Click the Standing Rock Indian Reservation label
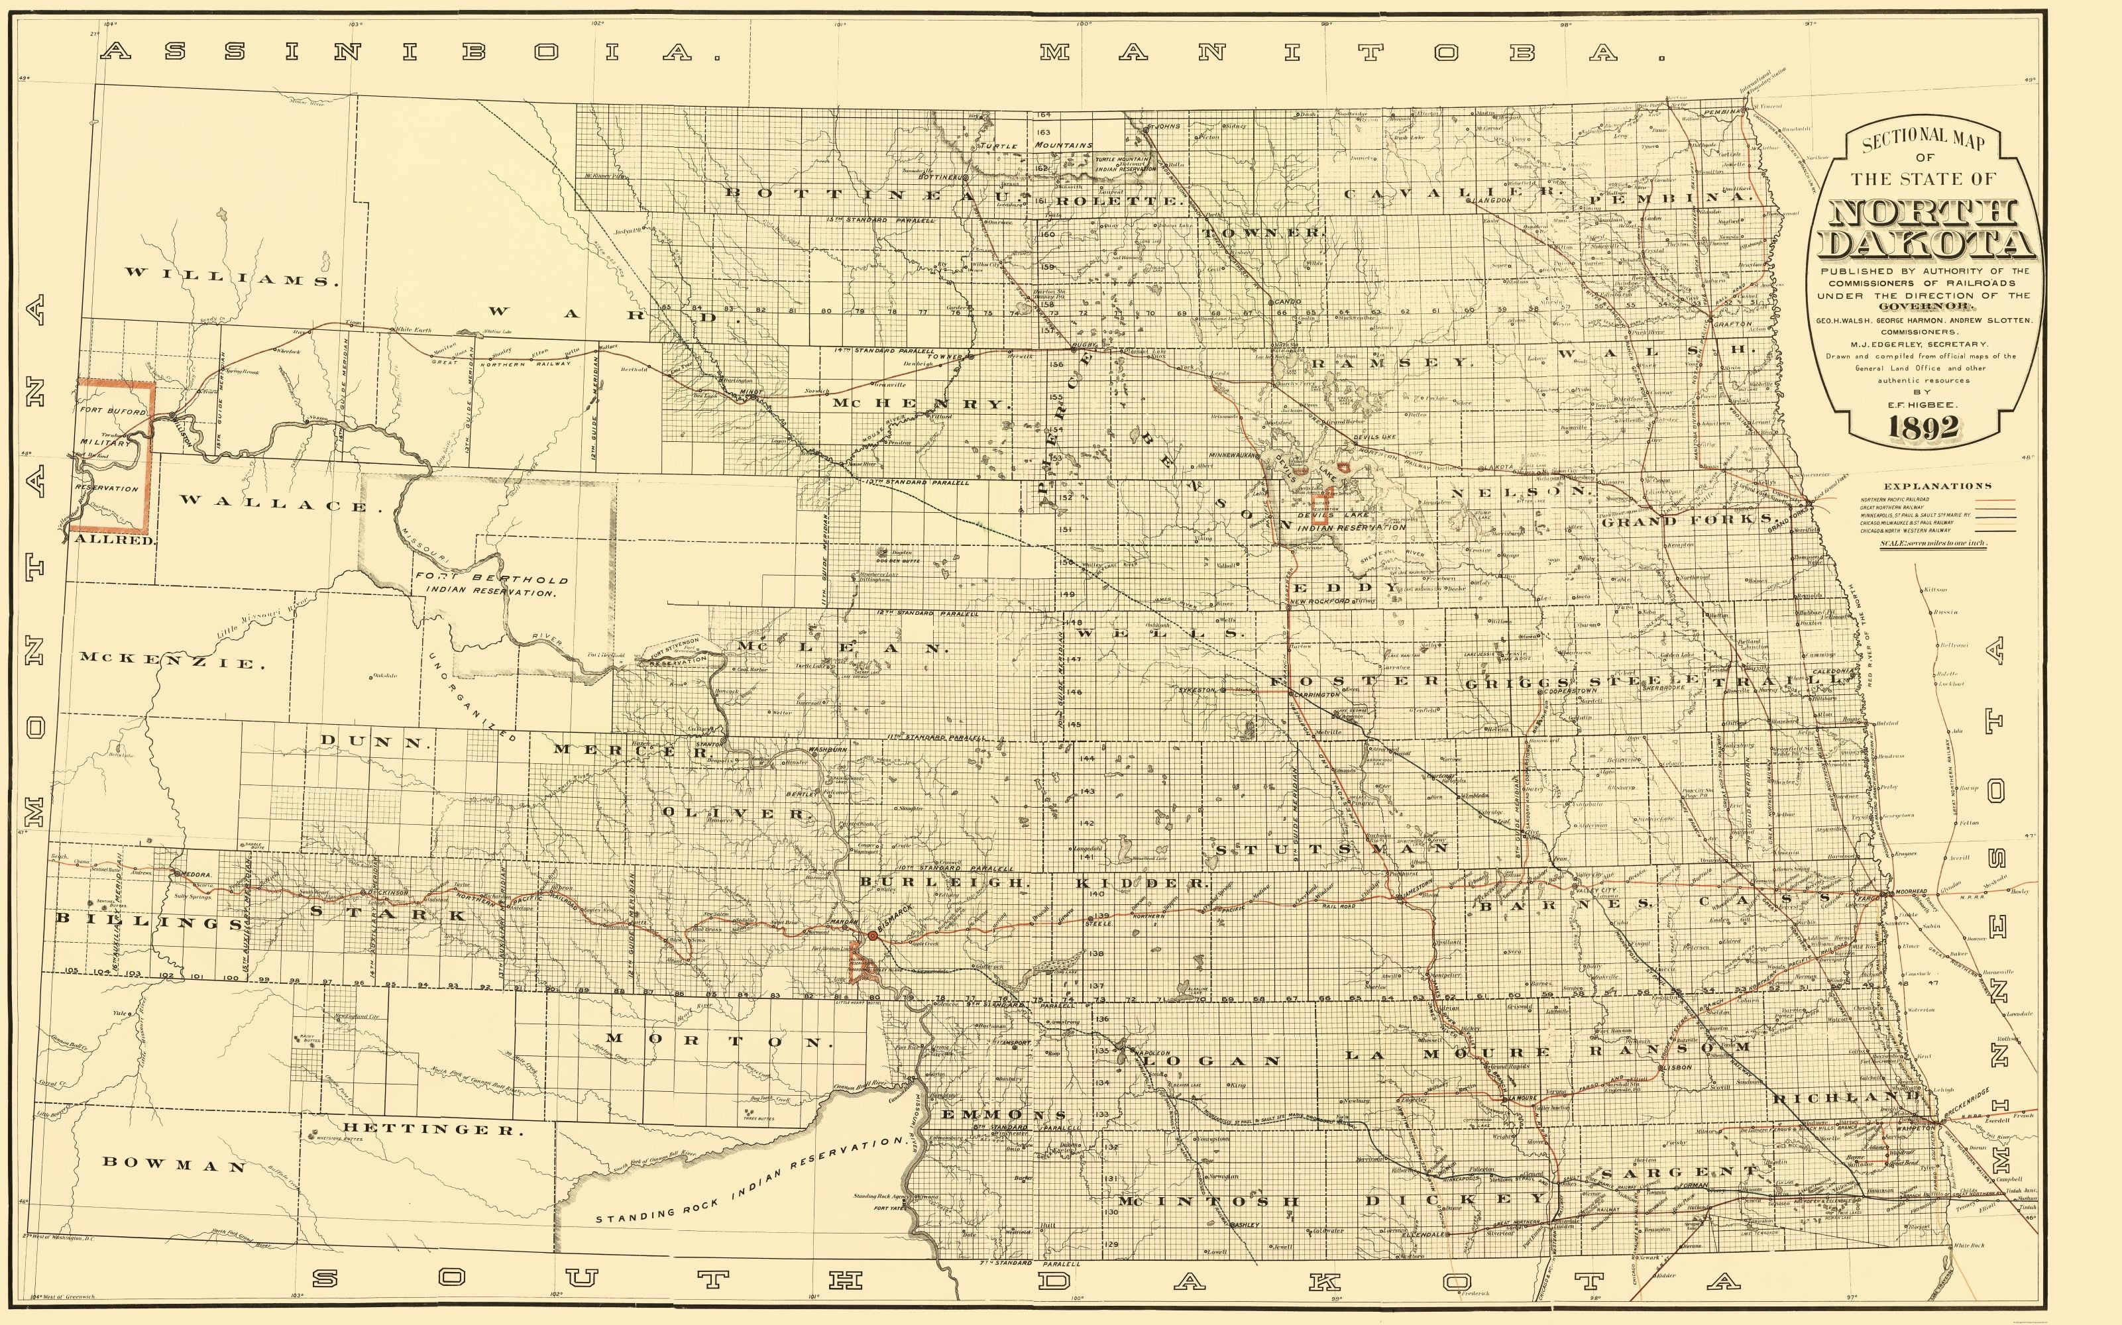(x=750, y=1181)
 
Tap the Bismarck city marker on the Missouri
(x=872, y=937)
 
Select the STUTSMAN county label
(x=1331, y=848)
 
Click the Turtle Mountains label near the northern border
(x=1036, y=144)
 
